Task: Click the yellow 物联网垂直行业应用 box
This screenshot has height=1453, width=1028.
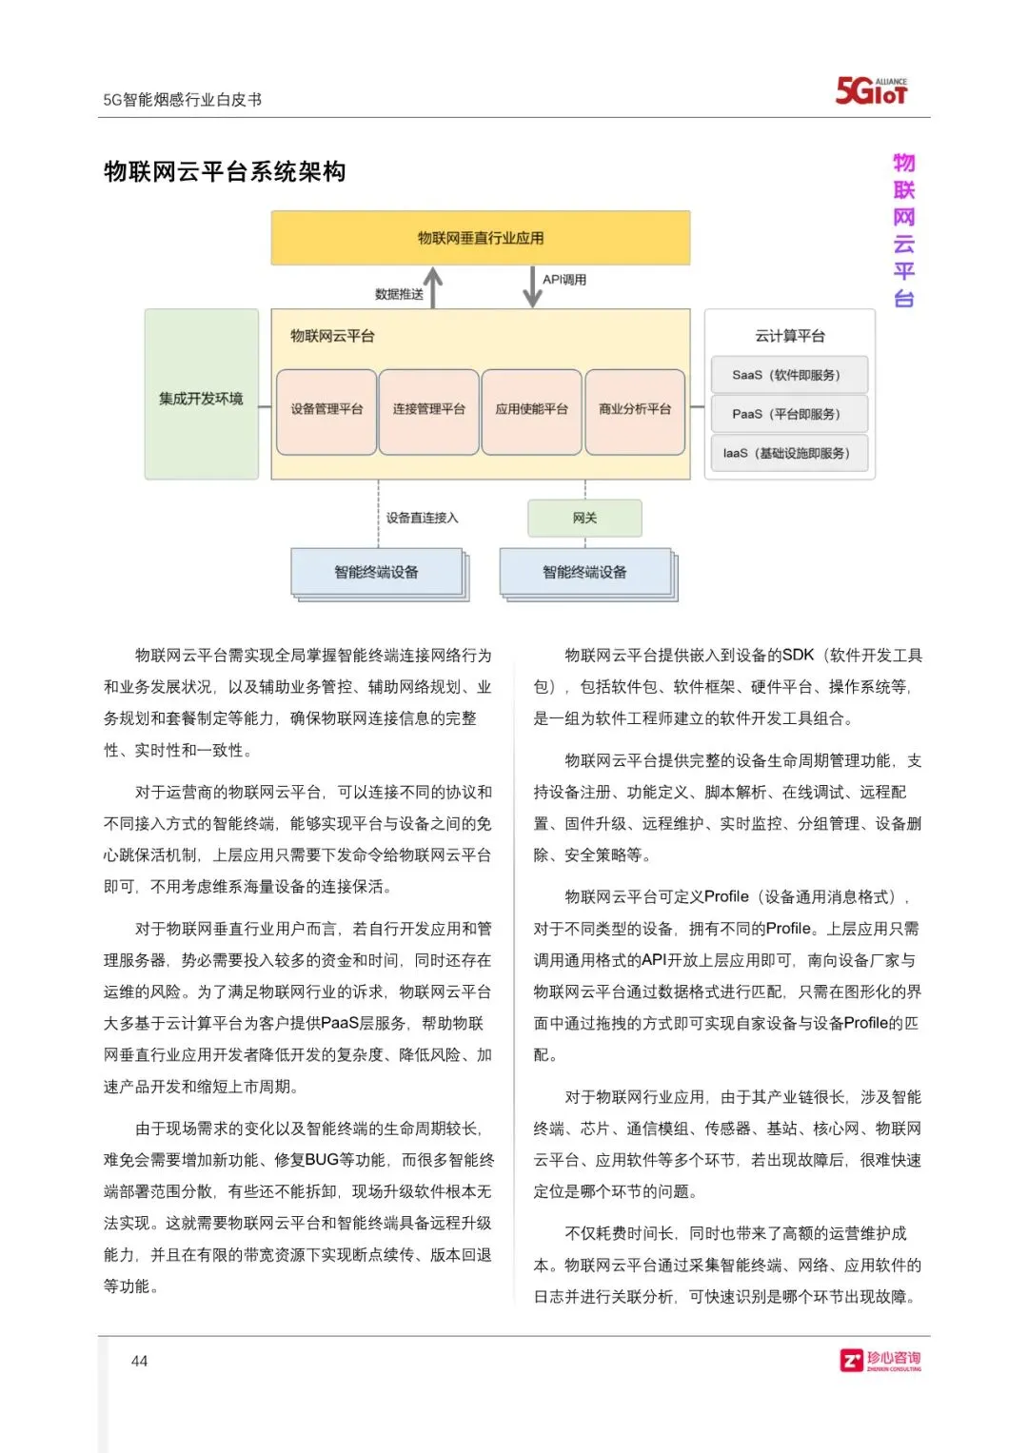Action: tap(480, 238)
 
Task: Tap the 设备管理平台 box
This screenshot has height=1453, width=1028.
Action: tap(326, 410)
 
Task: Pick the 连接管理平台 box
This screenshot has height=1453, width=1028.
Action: tap(428, 410)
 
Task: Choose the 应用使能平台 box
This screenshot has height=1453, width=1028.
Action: tap(531, 410)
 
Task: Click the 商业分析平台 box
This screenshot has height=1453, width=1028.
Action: tap(635, 410)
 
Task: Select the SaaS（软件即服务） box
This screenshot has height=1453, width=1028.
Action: tap(788, 375)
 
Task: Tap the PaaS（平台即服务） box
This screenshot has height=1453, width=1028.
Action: tap(788, 414)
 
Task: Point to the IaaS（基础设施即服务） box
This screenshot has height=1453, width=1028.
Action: tap(788, 453)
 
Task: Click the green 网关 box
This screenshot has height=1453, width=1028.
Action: tap(584, 518)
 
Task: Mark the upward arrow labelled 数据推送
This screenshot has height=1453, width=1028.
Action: tap(433, 286)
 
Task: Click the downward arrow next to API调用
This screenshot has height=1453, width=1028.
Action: tap(532, 286)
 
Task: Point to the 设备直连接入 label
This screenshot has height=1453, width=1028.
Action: tap(422, 518)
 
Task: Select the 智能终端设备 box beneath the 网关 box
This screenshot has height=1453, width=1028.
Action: tap(585, 572)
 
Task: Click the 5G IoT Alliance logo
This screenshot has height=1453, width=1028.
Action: tap(871, 90)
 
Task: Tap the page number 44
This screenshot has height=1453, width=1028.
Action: tap(139, 1361)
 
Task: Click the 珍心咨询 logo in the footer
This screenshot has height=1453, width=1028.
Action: tap(880, 1361)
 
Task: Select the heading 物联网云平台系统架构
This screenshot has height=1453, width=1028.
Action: tap(225, 172)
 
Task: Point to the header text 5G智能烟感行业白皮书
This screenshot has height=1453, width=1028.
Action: tap(182, 99)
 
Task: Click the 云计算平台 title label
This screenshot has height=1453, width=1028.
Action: tap(789, 336)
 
